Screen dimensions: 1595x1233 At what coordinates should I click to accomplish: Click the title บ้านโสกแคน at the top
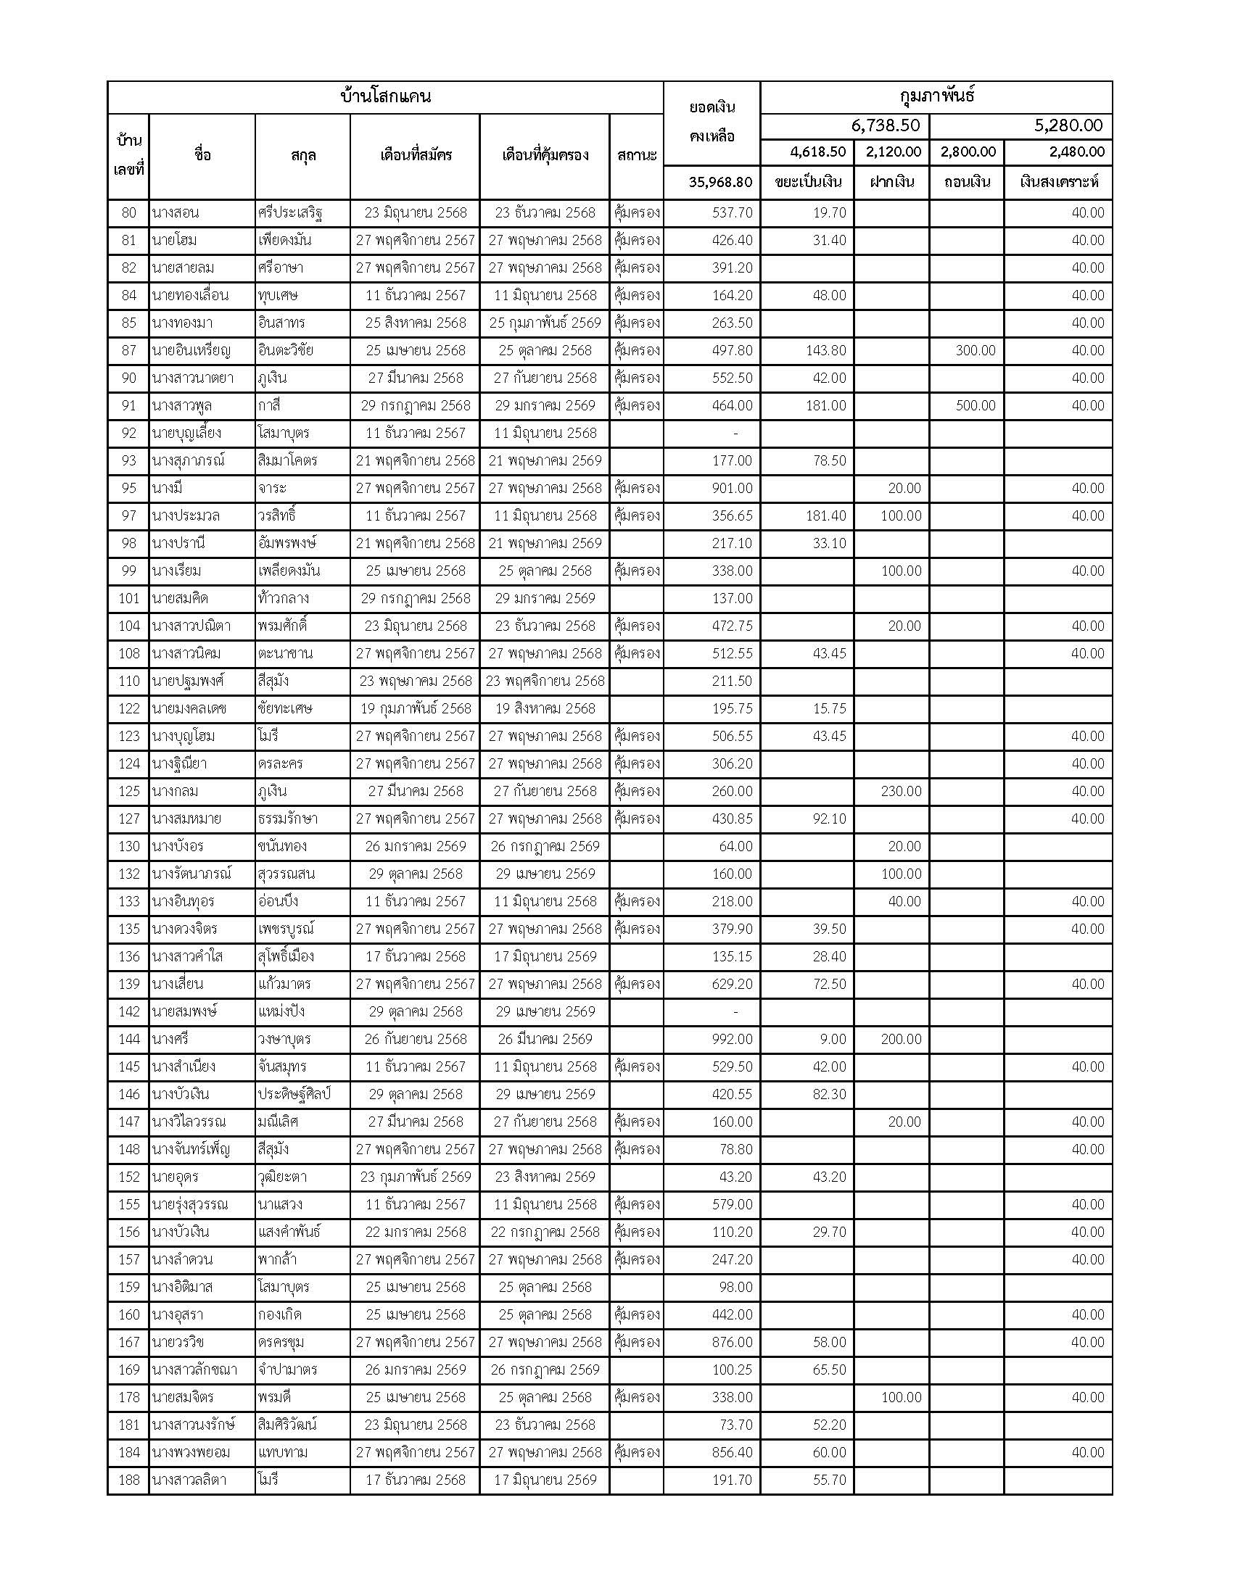(x=386, y=96)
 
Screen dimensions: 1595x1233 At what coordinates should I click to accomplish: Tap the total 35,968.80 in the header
(x=719, y=182)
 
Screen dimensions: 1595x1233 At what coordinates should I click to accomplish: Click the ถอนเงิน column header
(x=965, y=182)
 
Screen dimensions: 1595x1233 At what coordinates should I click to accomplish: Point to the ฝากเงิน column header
(x=891, y=182)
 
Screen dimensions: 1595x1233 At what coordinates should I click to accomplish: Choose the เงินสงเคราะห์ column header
(x=1058, y=182)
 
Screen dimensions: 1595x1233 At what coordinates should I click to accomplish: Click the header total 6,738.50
(x=885, y=125)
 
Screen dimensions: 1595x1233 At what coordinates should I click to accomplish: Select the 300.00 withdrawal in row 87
(x=975, y=351)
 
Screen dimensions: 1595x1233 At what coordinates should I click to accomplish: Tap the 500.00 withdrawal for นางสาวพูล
(x=975, y=405)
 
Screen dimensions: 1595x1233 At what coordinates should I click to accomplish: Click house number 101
(x=128, y=598)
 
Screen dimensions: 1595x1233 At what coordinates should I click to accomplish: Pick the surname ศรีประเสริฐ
(x=290, y=213)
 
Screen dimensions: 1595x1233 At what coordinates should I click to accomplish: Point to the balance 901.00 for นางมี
(x=732, y=488)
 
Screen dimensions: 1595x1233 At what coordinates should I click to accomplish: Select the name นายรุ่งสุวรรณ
(x=190, y=1204)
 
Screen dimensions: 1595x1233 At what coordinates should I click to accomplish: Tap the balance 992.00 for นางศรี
(x=732, y=1039)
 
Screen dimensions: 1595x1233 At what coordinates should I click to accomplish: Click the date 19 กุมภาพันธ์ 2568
(x=415, y=708)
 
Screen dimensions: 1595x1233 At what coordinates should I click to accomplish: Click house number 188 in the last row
(x=128, y=1480)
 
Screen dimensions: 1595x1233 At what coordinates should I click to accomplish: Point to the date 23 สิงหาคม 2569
(x=545, y=1177)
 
